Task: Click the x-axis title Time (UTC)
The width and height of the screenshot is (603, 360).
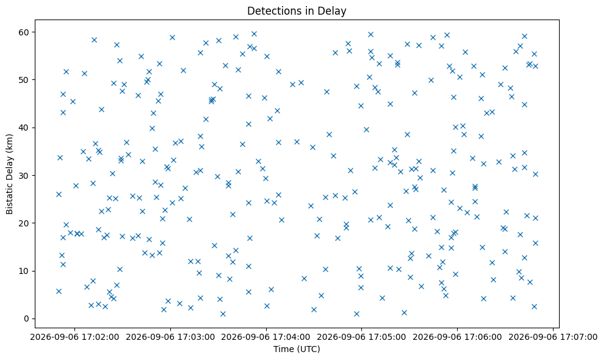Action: coord(297,349)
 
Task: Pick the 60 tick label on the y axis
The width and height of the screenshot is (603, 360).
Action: coord(24,32)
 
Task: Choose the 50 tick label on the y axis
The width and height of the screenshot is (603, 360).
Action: coord(24,79)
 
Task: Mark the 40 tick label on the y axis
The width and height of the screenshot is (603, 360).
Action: coord(24,128)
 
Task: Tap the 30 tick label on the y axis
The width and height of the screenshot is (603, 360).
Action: coord(24,175)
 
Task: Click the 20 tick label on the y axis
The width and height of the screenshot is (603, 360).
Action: coord(24,223)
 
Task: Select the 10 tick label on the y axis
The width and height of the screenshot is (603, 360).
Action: coord(24,271)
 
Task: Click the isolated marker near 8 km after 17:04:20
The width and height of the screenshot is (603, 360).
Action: coord(304,278)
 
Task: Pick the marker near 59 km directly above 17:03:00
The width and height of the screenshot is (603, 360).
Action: coord(172,37)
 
